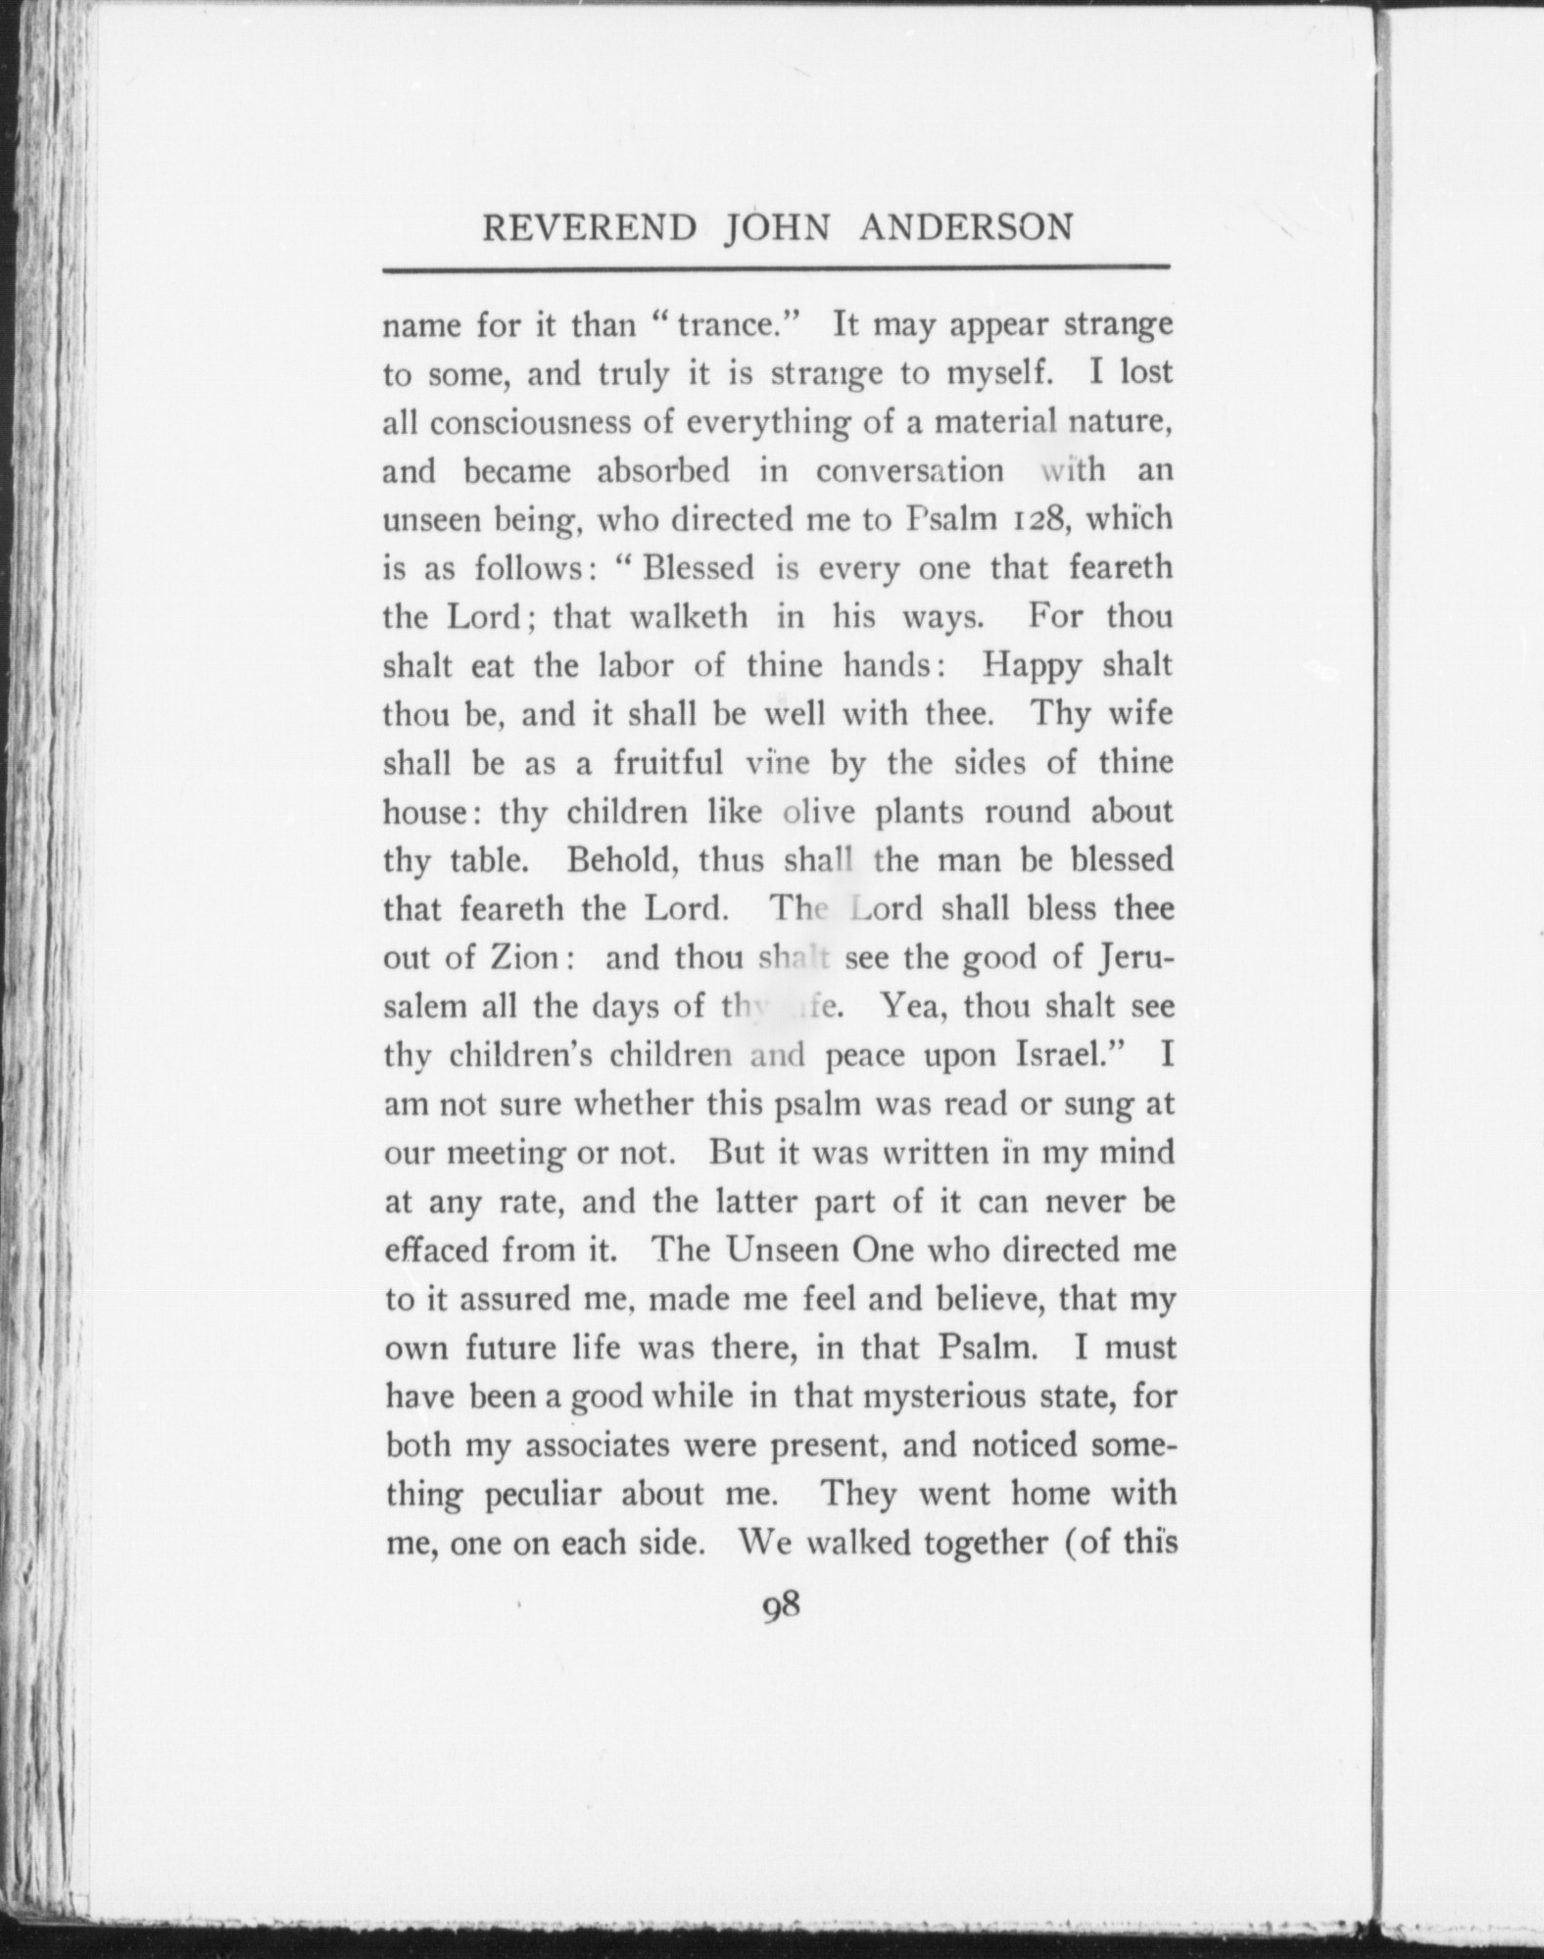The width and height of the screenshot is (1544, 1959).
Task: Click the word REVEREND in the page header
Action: (589, 228)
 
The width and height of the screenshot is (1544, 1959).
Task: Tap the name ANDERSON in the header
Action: (966, 228)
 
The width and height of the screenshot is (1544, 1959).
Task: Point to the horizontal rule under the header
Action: (776, 267)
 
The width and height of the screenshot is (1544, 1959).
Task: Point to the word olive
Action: (819, 812)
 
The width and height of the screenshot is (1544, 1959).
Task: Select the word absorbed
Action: (663, 471)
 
